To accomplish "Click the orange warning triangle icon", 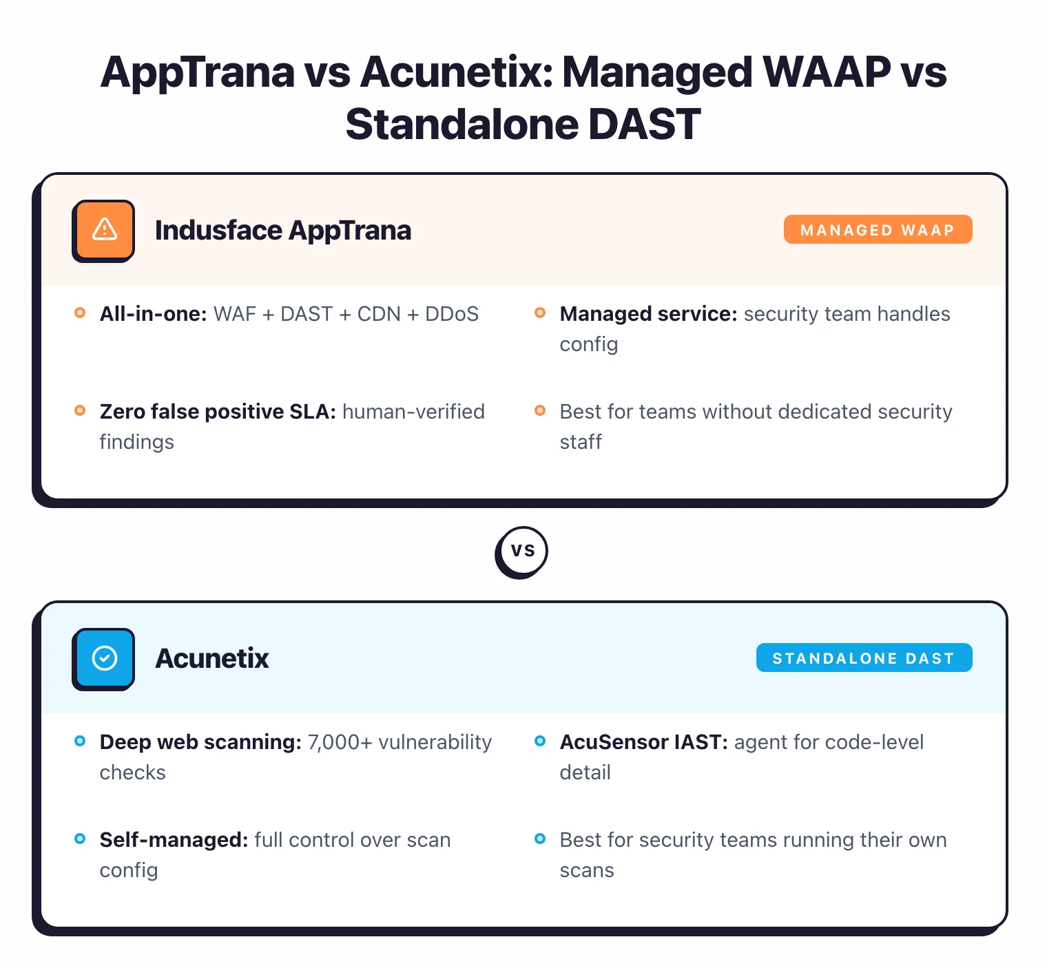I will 104,230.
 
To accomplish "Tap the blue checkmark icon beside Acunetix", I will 104,658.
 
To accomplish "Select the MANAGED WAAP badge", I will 878,230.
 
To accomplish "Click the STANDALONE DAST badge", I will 864,658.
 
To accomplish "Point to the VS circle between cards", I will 522,551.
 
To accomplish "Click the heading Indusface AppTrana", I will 282,231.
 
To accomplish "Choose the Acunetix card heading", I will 212,659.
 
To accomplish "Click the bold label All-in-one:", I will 153,314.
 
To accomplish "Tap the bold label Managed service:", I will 648,314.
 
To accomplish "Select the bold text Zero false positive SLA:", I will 218,412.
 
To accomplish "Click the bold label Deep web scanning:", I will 200,742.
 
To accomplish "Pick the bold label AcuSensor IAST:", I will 643,742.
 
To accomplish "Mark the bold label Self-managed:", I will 174,840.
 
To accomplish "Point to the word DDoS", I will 452,314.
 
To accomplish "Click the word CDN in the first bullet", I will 379,314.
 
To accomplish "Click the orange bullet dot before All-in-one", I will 80,313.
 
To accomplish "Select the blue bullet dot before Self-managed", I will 80,839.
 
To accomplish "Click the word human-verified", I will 413,412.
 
